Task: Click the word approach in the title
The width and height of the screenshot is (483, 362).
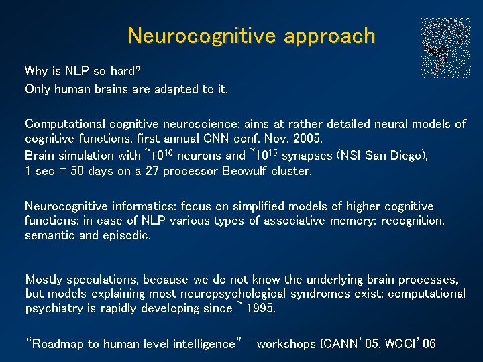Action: pyautogui.click(x=329, y=36)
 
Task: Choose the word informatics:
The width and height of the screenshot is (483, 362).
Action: pyautogui.click(x=132, y=206)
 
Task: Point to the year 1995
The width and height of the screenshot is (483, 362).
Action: pyautogui.click(x=260, y=309)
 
